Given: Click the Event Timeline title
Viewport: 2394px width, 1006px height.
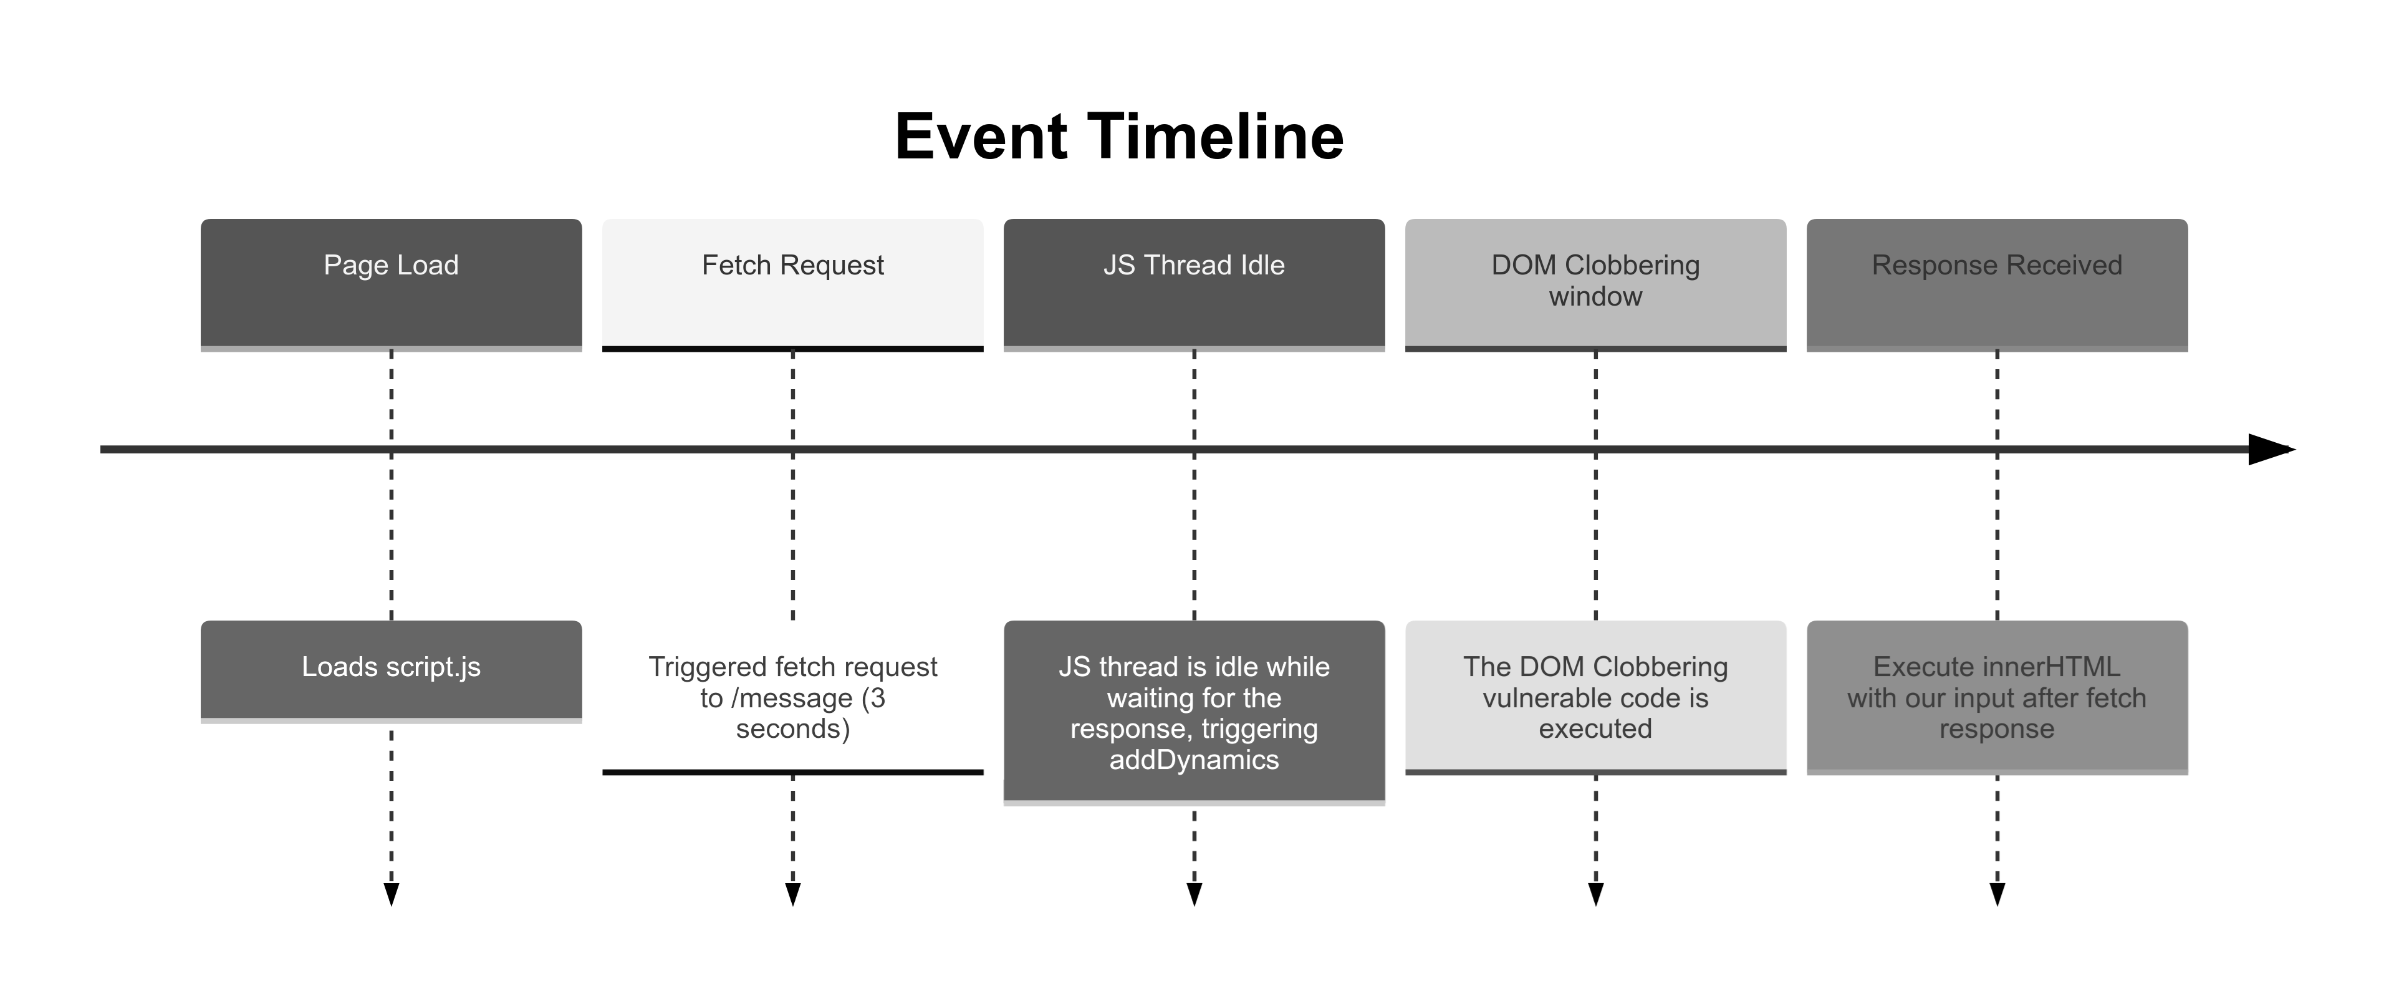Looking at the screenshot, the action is pyautogui.click(x=1119, y=137).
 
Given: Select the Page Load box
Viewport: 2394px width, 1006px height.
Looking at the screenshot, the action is pyautogui.click(x=392, y=284).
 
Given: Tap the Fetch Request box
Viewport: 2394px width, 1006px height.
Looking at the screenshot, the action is pyautogui.click(x=793, y=284).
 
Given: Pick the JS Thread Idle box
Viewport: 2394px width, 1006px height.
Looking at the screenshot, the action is pyautogui.click(x=1195, y=284).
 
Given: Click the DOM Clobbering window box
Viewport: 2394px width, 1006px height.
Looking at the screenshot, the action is pyautogui.click(x=1596, y=284).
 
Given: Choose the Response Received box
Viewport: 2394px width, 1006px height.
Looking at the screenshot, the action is pyautogui.click(x=1997, y=284).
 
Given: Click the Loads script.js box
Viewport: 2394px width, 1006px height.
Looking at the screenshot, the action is pyautogui.click(x=392, y=671).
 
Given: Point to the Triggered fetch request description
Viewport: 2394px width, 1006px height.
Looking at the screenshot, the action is pyautogui.click(x=793, y=697).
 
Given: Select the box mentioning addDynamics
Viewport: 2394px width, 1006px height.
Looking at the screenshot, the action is pyautogui.click(x=1195, y=712).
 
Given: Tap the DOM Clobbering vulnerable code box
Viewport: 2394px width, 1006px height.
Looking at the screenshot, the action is pyautogui.click(x=1596, y=697).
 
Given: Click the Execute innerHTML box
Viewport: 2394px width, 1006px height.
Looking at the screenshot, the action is pyautogui.click(x=1997, y=697).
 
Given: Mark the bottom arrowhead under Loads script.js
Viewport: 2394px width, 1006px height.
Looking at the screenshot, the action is pyautogui.click(x=392, y=894).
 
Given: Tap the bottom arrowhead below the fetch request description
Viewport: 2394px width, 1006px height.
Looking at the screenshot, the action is pyautogui.click(x=793, y=894).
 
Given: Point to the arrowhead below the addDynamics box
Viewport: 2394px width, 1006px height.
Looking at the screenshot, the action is pyautogui.click(x=1195, y=894).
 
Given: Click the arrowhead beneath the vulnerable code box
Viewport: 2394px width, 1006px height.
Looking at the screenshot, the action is pyautogui.click(x=1596, y=894).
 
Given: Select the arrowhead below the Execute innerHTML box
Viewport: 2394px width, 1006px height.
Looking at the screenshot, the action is pyautogui.click(x=1997, y=894).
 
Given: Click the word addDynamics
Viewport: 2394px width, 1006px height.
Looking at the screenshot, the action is pyautogui.click(x=1195, y=760).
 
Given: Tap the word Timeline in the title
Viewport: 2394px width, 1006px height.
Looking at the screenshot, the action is pyautogui.click(x=1216, y=137).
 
